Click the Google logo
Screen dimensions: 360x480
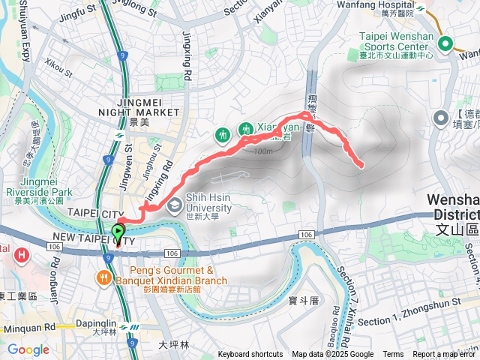(x=28, y=349)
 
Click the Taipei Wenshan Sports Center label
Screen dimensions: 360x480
(x=391, y=40)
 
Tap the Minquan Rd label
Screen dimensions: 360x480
(x=28, y=328)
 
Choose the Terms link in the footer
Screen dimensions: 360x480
(x=393, y=355)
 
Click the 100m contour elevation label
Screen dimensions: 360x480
(x=263, y=151)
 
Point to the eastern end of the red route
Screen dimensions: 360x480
(x=361, y=164)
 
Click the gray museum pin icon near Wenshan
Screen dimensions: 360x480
(x=441, y=118)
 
